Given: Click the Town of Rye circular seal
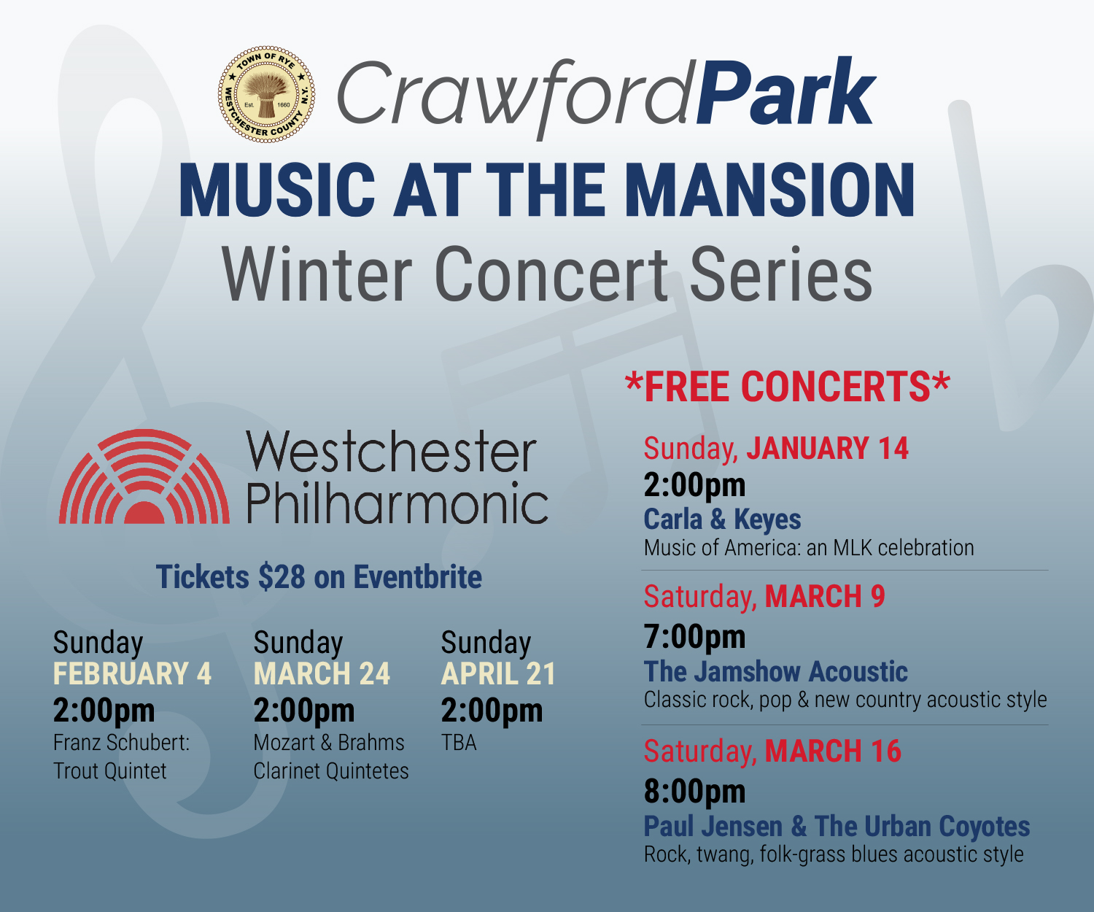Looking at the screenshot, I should pos(267,94).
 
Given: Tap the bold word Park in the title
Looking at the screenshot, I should pos(785,95).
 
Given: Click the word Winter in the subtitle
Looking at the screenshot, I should pos(319,275).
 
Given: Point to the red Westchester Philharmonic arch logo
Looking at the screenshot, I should pos(144,477).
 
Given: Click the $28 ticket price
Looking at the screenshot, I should pos(282,577).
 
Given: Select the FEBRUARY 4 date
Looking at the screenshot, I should pos(132,673).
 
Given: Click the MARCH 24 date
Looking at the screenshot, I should pos(322,673).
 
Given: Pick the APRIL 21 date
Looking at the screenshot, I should pos(498,673).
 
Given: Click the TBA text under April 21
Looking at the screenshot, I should pos(459,743).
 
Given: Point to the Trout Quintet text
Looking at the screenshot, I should pos(110,771).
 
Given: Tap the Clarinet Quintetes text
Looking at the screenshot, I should pos(331,771).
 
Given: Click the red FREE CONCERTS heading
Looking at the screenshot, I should pos(788,387).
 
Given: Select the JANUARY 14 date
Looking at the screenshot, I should pos(827,449).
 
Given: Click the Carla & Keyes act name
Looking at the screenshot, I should pos(722,519).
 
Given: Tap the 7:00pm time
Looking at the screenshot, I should pos(694,637).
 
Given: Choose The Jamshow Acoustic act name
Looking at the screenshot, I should pos(775,671).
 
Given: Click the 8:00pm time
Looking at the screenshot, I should pos(694,792).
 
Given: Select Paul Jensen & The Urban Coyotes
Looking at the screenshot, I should pos(837,827).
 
